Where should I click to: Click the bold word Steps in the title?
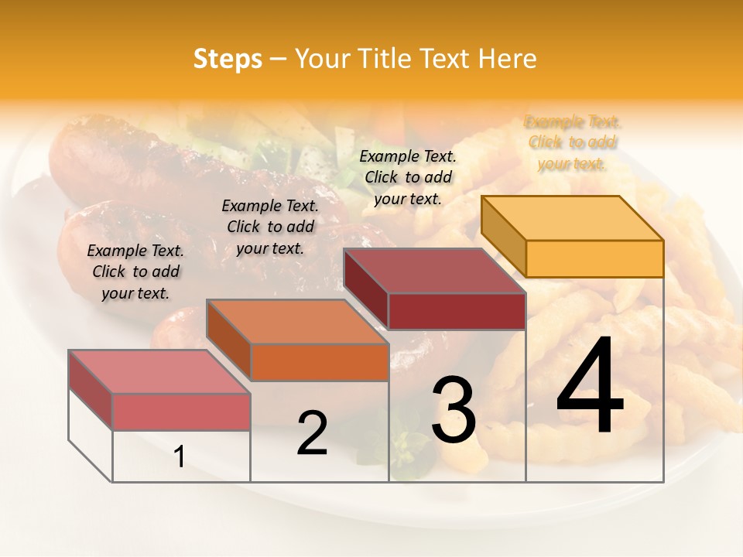point(228,59)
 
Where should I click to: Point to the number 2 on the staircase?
point(312,433)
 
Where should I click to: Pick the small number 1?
point(179,456)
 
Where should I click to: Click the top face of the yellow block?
point(572,218)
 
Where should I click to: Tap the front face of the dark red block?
point(457,311)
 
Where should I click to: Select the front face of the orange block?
point(320,362)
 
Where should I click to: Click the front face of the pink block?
point(181,412)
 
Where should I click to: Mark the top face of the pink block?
point(159,371)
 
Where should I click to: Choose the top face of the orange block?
point(296,321)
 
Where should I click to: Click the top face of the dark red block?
point(434,271)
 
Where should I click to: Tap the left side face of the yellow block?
point(503,236)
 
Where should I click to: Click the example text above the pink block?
point(135,272)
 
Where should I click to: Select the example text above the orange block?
point(270,227)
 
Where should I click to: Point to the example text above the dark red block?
point(408,177)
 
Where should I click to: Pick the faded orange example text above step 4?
point(573,142)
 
